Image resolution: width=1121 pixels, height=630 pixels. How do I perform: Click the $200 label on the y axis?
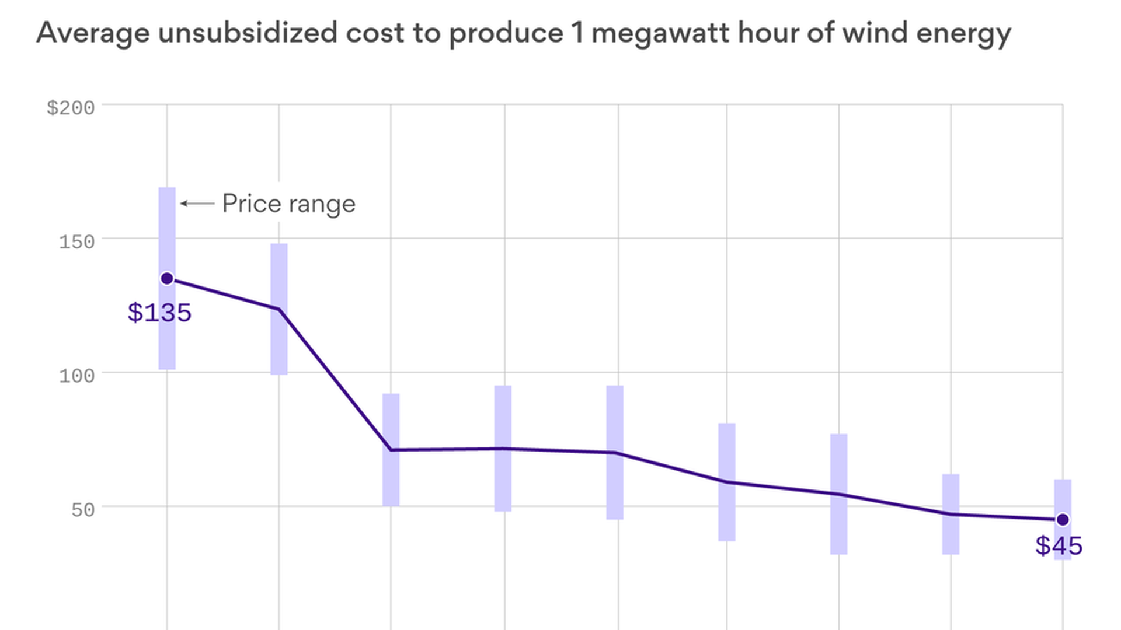tap(71, 108)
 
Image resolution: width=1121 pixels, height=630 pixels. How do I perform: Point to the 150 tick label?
tap(76, 242)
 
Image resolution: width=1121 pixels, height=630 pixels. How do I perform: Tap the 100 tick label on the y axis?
tap(76, 376)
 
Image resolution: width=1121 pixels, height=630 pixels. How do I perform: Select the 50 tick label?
tap(83, 510)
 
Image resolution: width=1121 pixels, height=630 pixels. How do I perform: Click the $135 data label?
tap(159, 313)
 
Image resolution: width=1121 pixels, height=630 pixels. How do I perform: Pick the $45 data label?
tap(1059, 546)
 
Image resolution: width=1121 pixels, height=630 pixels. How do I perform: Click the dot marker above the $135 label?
tap(167, 279)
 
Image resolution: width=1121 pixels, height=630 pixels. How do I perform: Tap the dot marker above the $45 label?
tap(1063, 519)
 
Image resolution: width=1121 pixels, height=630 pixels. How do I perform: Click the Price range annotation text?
tap(288, 204)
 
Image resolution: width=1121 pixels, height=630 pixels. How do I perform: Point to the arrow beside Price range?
tap(197, 204)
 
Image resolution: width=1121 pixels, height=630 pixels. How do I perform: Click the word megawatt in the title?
tap(660, 33)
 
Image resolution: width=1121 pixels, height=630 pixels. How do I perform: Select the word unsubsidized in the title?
tap(248, 33)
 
